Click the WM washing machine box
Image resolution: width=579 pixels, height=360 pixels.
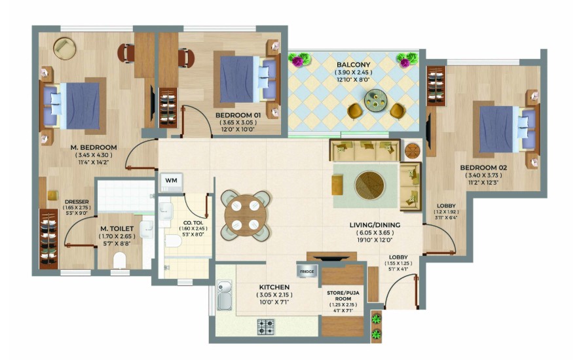point(171,182)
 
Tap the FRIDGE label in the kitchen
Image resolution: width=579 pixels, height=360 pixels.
point(307,272)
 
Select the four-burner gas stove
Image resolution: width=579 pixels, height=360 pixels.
point(266,327)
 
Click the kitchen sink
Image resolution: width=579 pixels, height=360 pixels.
point(224,295)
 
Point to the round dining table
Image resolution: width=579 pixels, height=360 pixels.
point(245,215)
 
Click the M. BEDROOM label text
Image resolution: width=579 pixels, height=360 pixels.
point(94,147)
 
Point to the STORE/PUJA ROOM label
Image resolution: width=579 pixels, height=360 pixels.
point(343,296)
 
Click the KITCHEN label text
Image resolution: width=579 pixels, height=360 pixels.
point(274,287)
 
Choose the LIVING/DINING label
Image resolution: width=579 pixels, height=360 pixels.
point(375,225)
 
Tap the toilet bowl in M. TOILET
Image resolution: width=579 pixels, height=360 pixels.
point(120,261)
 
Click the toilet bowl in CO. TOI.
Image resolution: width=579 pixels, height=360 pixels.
point(173,242)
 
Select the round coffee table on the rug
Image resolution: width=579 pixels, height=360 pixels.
point(369,185)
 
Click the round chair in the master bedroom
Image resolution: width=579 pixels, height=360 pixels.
point(65,48)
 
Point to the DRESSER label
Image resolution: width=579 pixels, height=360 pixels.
point(77,202)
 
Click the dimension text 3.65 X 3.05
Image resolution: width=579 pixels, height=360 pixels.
point(238,122)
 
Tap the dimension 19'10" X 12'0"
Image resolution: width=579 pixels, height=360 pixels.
point(375,240)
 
